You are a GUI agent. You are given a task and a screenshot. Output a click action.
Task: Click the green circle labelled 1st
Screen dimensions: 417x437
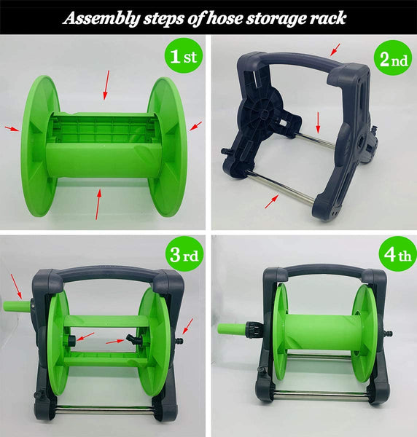pos(183,56)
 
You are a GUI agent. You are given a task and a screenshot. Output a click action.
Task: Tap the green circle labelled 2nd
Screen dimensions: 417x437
pos(393,58)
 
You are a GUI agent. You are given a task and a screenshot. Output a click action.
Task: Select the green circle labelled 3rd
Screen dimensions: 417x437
pos(184,253)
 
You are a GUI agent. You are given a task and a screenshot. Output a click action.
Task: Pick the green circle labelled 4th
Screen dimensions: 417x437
pos(397,254)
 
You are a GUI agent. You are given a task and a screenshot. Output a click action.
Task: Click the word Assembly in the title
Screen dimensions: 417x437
pos(101,19)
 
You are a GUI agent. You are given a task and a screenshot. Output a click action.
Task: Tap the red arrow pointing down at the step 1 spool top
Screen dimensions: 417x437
pos(106,84)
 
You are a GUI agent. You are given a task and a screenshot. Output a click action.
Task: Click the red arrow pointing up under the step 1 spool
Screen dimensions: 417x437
pos(98,204)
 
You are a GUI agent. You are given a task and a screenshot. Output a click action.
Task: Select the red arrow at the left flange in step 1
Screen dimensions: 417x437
pos(12,128)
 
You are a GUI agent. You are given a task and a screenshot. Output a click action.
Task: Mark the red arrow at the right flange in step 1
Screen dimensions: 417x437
pos(195,126)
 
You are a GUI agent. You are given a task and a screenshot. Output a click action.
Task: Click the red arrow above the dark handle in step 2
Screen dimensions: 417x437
pos(335,50)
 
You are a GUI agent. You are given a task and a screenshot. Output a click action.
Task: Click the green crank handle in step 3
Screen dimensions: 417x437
pos(17,306)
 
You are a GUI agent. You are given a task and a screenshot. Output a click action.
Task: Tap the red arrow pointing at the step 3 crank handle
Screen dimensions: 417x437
pos(16,286)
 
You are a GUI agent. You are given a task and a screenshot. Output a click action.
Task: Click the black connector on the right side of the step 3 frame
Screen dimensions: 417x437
pos(179,340)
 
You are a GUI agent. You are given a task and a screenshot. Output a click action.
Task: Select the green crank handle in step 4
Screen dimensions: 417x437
pos(232,328)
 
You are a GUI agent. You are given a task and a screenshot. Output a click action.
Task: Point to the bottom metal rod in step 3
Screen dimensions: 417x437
pos(104,410)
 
